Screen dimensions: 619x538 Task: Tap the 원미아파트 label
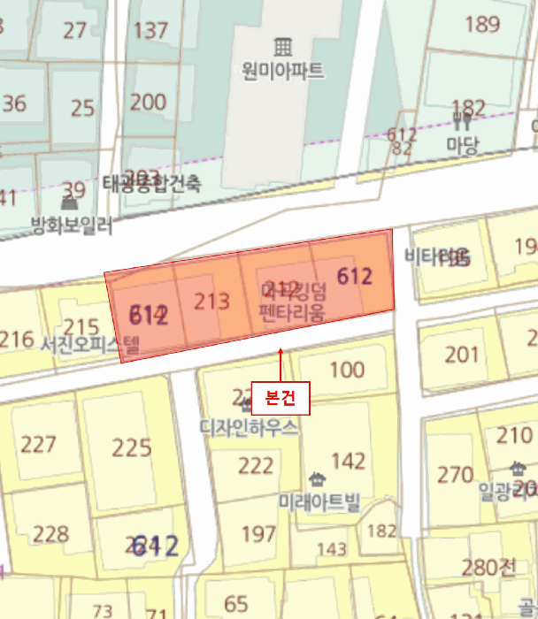[x=282, y=70]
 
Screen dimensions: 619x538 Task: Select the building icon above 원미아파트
[x=282, y=45]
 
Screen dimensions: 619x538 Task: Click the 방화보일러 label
[x=72, y=225]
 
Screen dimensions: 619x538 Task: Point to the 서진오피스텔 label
[x=90, y=344]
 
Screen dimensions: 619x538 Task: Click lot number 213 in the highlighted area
[x=211, y=302]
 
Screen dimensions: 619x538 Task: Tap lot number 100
[x=346, y=369]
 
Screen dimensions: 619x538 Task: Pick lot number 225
[x=132, y=447]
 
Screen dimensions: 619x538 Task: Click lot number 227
[x=38, y=444]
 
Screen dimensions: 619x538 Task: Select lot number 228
[x=50, y=534]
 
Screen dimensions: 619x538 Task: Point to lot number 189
[x=482, y=24]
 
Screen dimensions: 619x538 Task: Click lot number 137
[x=150, y=30]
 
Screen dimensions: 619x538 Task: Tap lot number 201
[x=461, y=355]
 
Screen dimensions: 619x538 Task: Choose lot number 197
[x=258, y=533]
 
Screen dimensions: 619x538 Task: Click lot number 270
[x=456, y=474]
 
